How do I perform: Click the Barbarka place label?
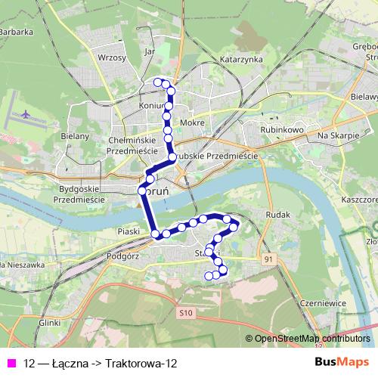(x=17, y=32)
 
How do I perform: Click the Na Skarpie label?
(x=337, y=135)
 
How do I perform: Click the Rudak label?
(x=278, y=215)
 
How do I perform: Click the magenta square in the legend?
(x=11, y=363)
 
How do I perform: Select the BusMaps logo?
(x=342, y=362)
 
